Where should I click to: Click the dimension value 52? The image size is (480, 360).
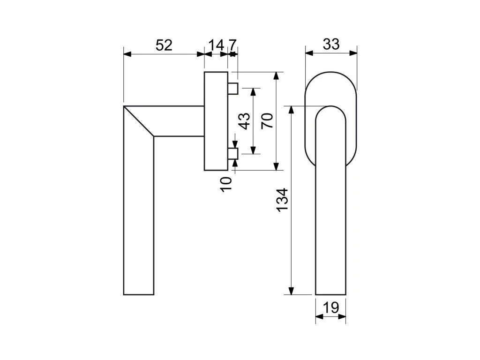(x=164, y=45)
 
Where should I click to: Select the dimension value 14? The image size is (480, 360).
(x=216, y=45)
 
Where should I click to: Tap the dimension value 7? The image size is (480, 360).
(x=232, y=45)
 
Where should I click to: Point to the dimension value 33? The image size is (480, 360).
(x=331, y=45)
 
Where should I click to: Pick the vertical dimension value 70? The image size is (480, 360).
(x=267, y=121)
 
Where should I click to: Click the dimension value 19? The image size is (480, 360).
(x=331, y=308)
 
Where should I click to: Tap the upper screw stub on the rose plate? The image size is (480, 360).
(x=233, y=88)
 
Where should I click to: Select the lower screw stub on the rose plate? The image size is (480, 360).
(x=233, y=153)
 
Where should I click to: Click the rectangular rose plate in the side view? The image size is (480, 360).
(x=216, y=121)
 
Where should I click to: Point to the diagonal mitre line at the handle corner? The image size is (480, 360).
(x=139, y=121)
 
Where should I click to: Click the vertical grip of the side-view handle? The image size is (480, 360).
(x=139, y=216)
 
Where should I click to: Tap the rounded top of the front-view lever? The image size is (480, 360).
(x=330, y=112)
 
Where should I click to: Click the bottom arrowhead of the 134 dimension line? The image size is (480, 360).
(x=292, y=291)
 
